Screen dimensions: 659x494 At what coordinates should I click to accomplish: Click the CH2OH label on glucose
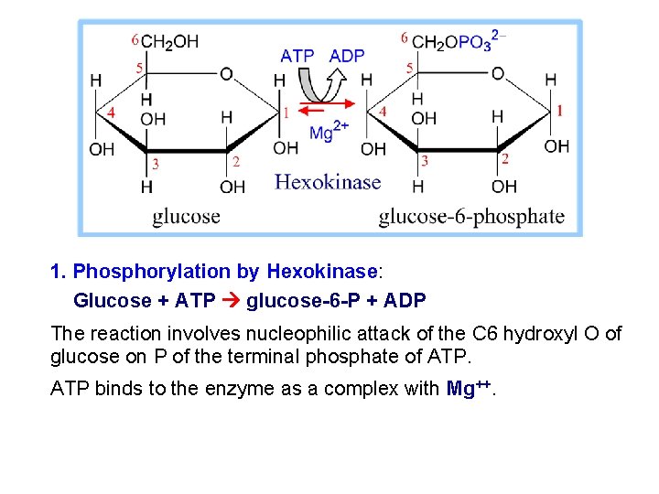[x=170, y=41]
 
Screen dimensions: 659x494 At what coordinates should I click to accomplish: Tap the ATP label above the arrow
[x=297, y=57]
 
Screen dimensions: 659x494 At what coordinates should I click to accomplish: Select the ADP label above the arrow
[x=346, y=57]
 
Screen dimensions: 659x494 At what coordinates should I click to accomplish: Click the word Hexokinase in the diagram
[x=327, y=181]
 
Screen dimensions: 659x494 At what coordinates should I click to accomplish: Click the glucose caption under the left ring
[x=186, y=217]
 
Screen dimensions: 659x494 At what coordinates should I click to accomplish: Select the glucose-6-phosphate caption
[x=471, y=217]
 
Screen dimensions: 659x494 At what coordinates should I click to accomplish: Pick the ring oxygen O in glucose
[x=226, y=73]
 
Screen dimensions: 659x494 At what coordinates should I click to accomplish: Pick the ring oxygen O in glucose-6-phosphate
[x=498, y=73]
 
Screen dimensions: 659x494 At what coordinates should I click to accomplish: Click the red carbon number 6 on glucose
[x=135, y=39]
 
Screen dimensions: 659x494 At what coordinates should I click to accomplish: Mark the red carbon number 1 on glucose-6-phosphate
[x=559, y=110]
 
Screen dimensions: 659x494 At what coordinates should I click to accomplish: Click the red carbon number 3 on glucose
[x=155, y=165]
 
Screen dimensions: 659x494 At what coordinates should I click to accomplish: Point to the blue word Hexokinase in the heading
[x=321, y=272]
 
